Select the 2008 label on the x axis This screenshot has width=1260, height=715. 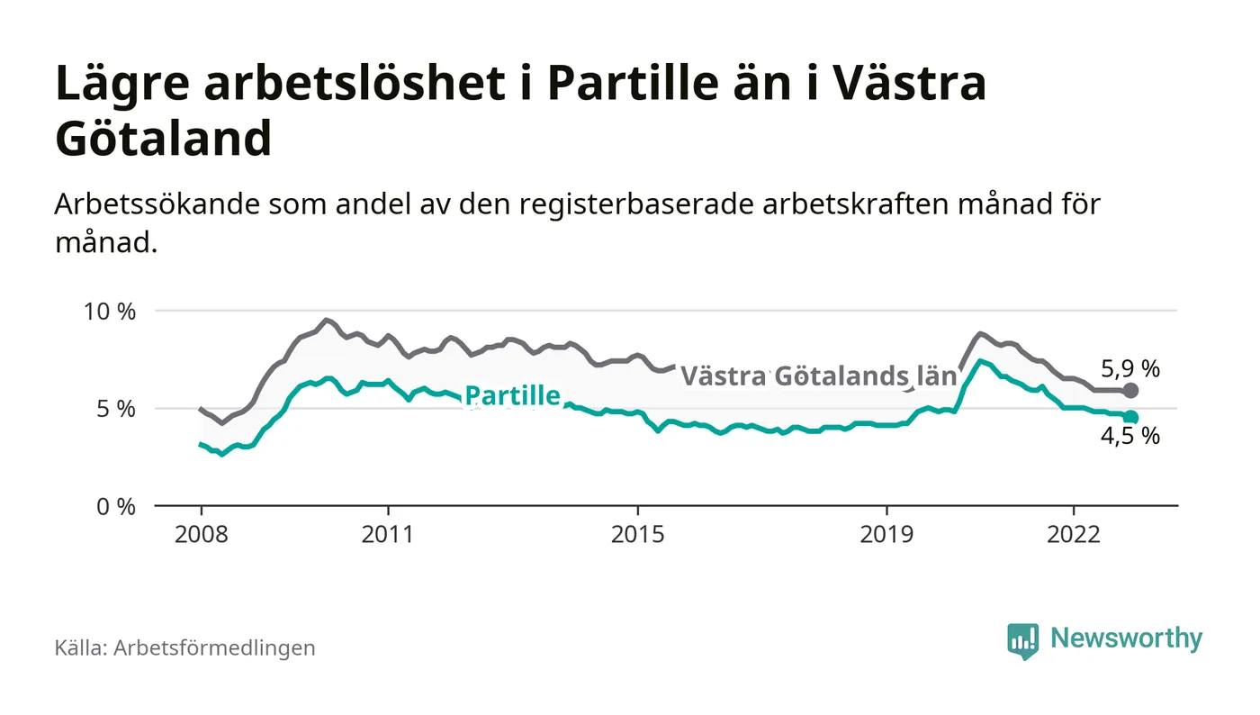201,534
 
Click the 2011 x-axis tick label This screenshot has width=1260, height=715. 388,534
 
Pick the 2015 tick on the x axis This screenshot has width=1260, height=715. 637,534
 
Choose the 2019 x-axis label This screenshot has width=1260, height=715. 886,534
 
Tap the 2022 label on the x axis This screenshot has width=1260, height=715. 1074,534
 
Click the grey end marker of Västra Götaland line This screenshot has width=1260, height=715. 1131,391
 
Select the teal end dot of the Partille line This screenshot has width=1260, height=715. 1131,418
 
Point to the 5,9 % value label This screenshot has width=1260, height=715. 1130,368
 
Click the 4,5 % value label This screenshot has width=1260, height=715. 1130,438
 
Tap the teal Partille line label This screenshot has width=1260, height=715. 512,395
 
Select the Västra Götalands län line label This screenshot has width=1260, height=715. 817,376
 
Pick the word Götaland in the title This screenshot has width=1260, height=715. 163,139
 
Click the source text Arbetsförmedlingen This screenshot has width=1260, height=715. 214,647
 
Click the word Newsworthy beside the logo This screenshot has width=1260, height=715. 1126,638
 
